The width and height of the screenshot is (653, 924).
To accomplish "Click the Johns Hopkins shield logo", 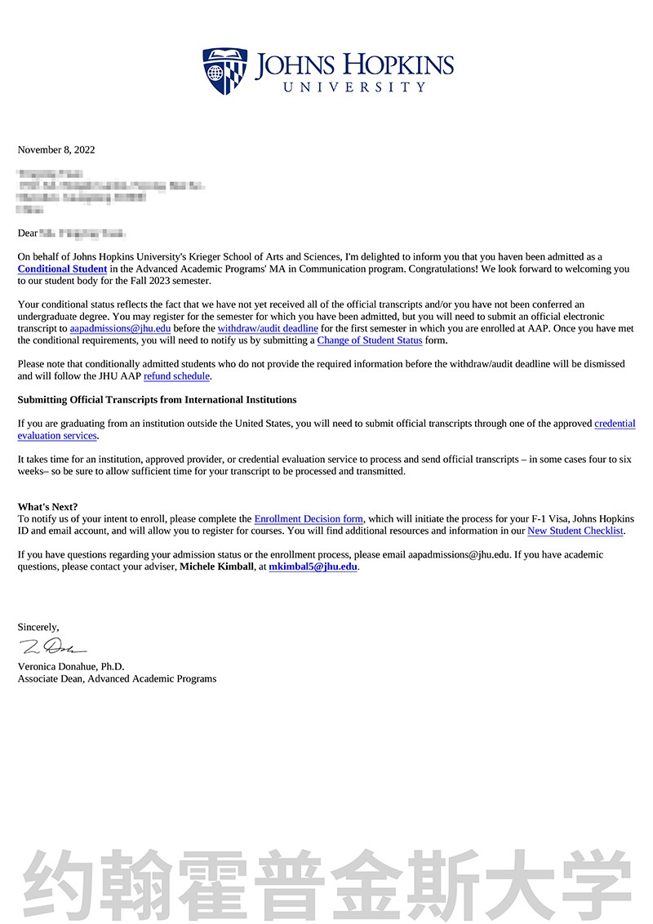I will tap(224, 69).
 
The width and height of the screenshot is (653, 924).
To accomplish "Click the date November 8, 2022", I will tap(56, 149).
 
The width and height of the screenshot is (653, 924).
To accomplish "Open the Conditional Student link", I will tap(62, 269).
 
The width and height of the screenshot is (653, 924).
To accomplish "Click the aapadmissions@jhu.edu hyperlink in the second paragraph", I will tap(120, 328).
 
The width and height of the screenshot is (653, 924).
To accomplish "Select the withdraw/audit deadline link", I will tap(268, 328).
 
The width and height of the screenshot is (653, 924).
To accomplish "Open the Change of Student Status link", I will tap(370, 340).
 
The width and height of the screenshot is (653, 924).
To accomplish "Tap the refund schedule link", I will tap(176, 376).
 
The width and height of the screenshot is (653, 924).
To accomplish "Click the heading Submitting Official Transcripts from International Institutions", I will tap(157, 400).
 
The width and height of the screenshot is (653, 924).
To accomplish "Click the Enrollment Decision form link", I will tap(309, 518).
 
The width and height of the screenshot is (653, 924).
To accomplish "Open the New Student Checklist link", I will tap(575, 531).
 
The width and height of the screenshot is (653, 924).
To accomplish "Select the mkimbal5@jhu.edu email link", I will tap(313, 566).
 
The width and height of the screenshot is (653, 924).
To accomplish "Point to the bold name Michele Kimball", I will tap(216, 566).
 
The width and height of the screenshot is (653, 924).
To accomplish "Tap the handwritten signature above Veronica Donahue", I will tap(52, 648).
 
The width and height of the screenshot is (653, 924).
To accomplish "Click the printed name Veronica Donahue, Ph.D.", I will tap(71, 666).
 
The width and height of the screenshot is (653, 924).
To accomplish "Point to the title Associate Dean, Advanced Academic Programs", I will tap(117, 678).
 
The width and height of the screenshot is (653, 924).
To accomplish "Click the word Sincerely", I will tap(38, 627).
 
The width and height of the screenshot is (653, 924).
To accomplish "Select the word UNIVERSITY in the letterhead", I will tap(354, 87).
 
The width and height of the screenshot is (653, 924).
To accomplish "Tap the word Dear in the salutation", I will tap(28, 233).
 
